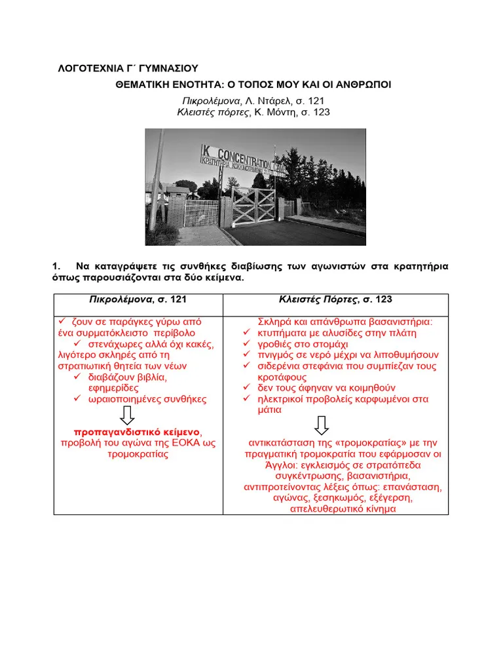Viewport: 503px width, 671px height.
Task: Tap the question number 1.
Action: click(56, 266)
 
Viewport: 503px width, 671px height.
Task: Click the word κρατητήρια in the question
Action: click(422, 266)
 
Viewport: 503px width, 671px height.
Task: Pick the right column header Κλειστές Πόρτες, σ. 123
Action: click(335, 299)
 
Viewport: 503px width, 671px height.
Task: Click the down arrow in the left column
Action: click(128, 415)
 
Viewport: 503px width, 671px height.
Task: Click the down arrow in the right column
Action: click(321, 426)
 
